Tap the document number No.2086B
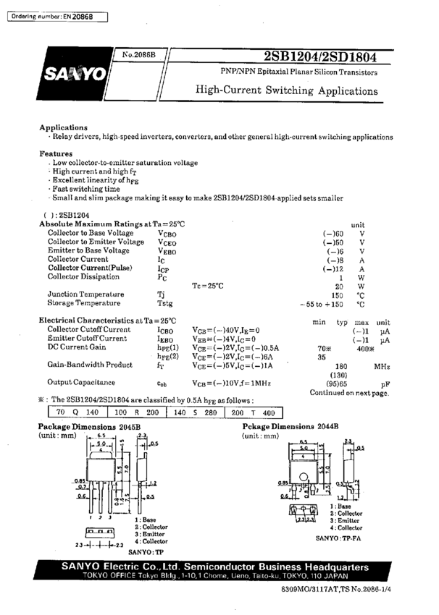click(x=139, y=55)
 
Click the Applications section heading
click(x=63, y=127)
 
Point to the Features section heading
click(x=56, y=153)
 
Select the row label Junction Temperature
click(x=85, y=294)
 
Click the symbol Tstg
click(x=164, y=305)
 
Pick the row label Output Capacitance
click(x=81, y=381)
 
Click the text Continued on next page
click(x=348, y=393)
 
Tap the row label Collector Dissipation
click(x=85, y=276)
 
